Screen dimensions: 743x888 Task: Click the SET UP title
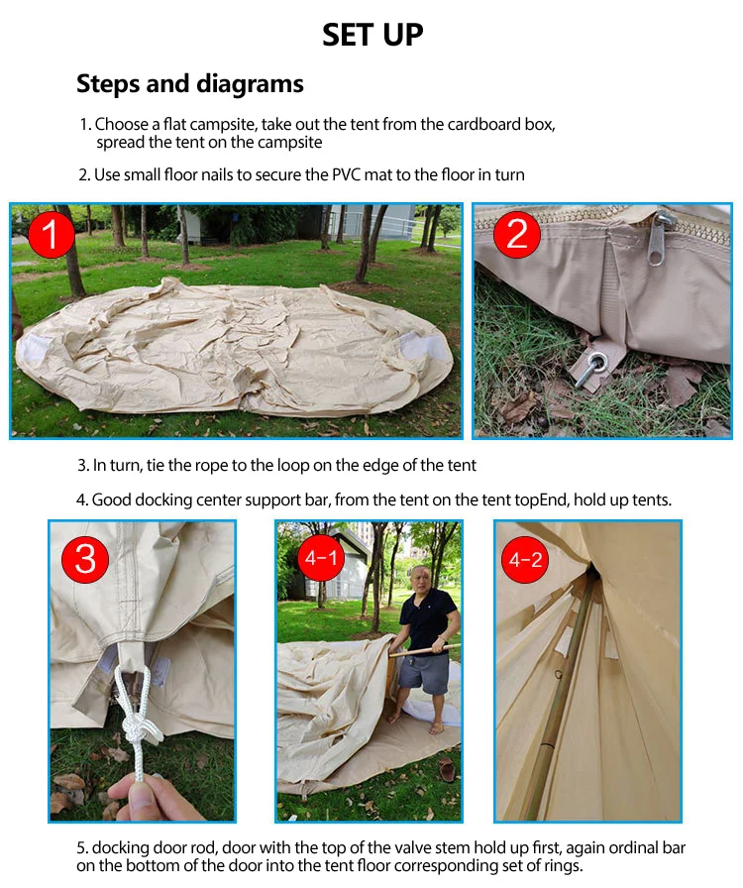[372, 35]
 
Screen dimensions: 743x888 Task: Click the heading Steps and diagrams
[190, 84]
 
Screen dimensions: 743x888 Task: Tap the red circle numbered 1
[51, 234]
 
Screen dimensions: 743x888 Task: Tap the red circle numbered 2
[516, 234]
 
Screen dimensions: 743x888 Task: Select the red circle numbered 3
[85, 559]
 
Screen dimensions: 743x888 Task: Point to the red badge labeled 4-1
[321, 558]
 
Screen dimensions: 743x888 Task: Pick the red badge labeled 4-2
[525, 560]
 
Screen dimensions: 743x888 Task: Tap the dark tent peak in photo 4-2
[592, 574]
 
